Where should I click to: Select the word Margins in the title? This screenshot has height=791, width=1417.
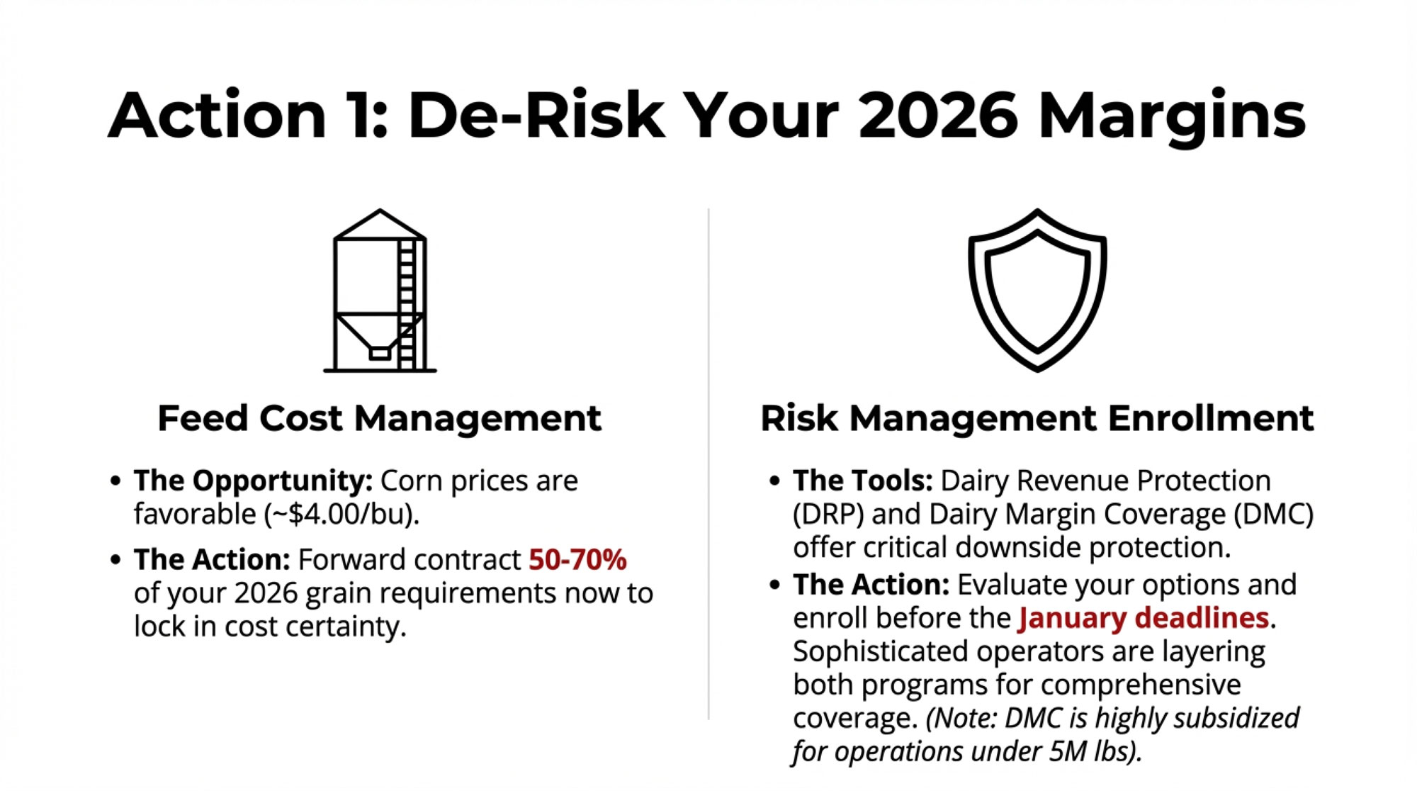coord(1173,117)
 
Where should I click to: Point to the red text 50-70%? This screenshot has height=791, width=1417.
coord(577,559)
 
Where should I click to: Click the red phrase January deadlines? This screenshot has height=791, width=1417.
coord(1144,618)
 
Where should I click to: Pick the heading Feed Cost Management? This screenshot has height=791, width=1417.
coord(379,417)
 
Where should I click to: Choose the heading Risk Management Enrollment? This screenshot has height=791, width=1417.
coord(1037,417)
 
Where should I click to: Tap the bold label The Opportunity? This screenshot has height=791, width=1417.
coord(253,481)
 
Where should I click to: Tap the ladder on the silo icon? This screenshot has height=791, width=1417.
coord(407,305)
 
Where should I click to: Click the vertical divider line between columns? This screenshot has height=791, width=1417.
coord(708,464)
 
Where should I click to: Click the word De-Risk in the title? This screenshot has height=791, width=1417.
coord(537,115)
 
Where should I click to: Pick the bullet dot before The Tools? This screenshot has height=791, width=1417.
coord(775,481)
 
